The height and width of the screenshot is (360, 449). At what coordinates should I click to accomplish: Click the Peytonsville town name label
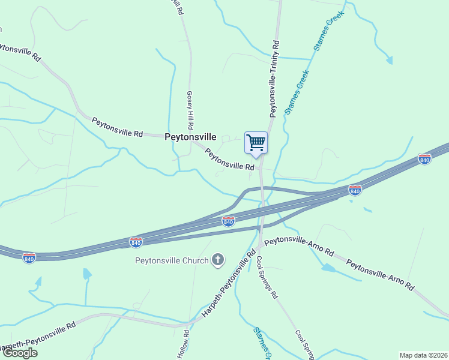pyautogui.click(x=190, y=137)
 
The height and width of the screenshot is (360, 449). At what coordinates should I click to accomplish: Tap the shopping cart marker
pyautogui.click(x=256, y=143)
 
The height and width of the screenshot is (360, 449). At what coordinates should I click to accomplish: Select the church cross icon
pyautogui.click(x=218, y=260)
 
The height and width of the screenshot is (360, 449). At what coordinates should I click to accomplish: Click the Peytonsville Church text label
pyautogui.click(x=172, y=260)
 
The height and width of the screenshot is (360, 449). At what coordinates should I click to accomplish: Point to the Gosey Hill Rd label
pyautogui.click(x=190, y=110)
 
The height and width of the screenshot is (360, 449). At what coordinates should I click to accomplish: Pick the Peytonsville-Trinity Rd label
pyautogui.click(x=274, y=79)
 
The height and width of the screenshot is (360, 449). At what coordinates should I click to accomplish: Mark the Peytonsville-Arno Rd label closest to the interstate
pyautogui.click(x=299, y=246)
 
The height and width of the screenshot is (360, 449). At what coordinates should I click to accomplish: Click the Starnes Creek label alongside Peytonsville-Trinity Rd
pyautogui.click(x=297, y=92)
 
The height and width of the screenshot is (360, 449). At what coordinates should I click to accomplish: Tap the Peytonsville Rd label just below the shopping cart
pyautogui.click(x=230, y=160)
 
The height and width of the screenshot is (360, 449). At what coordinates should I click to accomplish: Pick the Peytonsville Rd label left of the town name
pyautogui.click(x=117, y=127)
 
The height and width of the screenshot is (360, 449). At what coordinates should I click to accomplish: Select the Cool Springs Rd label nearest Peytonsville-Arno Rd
pyautogui.click(x=267, y=278)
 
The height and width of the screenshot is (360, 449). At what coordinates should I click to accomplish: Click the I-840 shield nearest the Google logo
pyautogui.click(x=29, y=257)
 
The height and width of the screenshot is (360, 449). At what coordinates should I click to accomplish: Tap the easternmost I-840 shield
pyautogui.click(x=424, y=160)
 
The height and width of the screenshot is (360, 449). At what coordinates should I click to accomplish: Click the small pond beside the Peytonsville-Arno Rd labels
pyautogui.click(x=328, y=268)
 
